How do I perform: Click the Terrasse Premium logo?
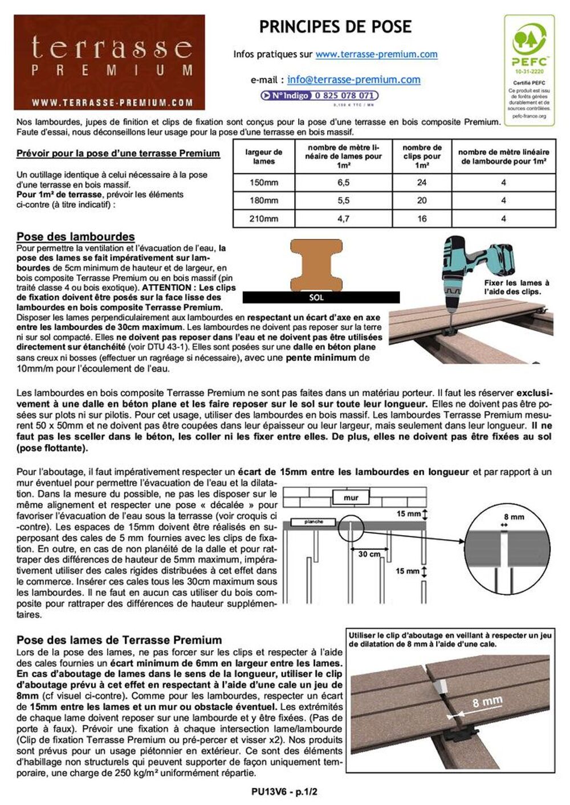(x=109, y=62)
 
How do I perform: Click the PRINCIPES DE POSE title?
(x=335, y=27)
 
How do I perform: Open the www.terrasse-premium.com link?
(x=376, y=55)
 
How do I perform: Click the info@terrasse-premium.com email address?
(x=353, y=80)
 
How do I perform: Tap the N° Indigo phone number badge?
(x=319, y=96)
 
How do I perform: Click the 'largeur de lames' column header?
(x=264, y=157)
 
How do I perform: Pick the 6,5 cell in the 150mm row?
(x=343, y=183)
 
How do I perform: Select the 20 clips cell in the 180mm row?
(x=422, y=200)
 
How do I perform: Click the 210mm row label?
(x=264, y=219)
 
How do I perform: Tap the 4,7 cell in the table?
(x=343, y=219)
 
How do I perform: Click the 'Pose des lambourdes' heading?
(x=75, y=237)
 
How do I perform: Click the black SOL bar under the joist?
(x=321, y=297)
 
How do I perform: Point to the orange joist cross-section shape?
(x=317, y=265)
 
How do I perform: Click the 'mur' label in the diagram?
(x=351, y=498)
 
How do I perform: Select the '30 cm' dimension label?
(x=369, y=553)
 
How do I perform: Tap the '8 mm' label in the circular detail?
(x=514, y=517)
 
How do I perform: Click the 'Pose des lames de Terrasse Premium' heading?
(x=119, y=640)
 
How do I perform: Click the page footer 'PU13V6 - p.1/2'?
(x=284, y=792)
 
